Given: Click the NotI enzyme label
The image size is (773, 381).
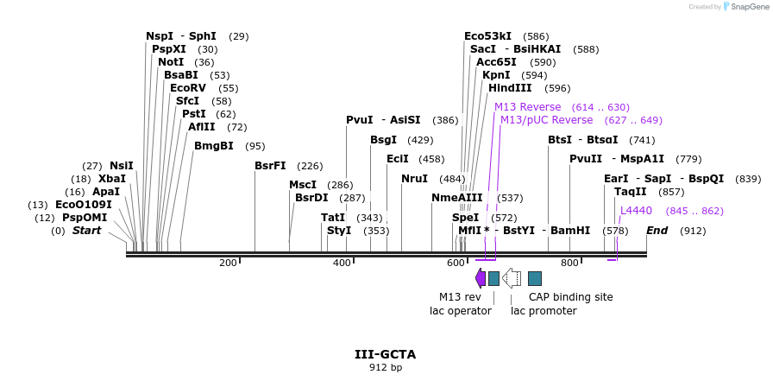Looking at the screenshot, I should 171,62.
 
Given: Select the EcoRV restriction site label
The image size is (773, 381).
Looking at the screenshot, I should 188,88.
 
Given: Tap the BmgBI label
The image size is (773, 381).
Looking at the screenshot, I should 214,146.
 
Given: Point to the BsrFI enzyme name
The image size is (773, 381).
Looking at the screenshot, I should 270,166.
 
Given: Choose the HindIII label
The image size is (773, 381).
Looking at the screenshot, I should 510,88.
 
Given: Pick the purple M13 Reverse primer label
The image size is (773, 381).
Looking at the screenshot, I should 527,107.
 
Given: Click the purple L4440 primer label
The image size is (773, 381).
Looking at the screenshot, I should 637,211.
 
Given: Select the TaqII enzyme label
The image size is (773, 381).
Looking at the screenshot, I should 631,192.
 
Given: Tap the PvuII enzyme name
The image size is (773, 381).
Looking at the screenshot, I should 586,159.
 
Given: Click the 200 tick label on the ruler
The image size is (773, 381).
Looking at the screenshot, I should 228,263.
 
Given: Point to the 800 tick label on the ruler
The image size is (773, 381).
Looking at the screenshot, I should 569,263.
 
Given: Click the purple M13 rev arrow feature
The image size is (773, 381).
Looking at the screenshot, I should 481,277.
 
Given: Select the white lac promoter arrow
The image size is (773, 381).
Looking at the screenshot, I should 512,277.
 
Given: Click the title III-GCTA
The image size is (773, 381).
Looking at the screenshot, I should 386,354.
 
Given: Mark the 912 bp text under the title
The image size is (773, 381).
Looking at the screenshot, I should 386,368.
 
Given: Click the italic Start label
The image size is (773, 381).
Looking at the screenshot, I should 86,231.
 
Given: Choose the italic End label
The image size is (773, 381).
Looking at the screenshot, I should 657,231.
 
